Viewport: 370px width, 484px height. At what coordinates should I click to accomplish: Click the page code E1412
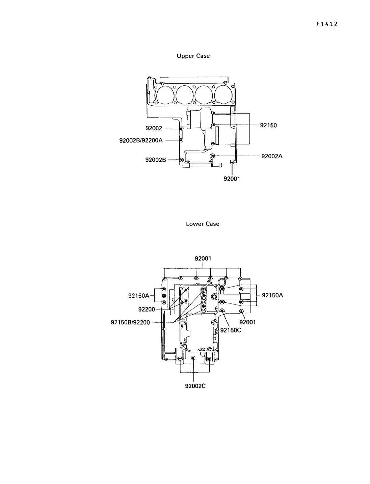327,24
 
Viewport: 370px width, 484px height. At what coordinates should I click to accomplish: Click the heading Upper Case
193,56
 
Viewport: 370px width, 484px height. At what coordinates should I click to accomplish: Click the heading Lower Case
203,224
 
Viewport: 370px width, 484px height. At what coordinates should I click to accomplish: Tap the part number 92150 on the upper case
268,125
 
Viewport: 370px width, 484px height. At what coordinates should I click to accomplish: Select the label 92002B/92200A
141,140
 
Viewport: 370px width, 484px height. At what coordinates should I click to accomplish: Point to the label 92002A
272,156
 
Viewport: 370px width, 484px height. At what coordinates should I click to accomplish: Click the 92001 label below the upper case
232,179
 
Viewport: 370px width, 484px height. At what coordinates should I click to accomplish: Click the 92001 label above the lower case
203,258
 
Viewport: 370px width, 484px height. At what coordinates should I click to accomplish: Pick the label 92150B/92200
130,322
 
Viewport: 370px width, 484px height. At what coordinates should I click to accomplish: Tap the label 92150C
231,330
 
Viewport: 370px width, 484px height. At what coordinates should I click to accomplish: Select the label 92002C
195,386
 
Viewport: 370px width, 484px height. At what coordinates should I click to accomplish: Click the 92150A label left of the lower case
139,295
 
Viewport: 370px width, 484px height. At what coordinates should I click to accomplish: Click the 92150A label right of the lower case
272,295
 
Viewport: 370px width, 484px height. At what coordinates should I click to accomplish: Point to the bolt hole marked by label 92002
181,129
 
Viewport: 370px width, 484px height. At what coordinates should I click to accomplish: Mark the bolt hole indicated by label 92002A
213,156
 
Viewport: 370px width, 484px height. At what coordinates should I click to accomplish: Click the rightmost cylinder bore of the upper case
223,95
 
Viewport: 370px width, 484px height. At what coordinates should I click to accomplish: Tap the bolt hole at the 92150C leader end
222,311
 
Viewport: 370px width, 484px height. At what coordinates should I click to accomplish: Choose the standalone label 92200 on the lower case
147,310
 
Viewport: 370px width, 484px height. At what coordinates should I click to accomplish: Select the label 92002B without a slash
155,160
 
